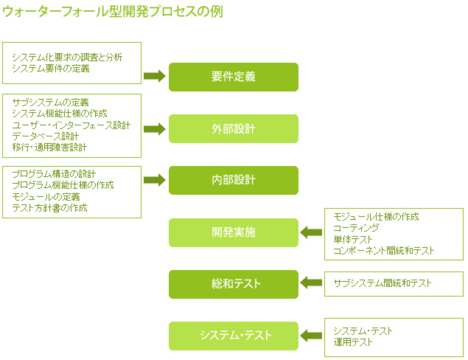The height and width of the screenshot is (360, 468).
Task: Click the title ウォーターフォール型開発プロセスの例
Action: point(113,12)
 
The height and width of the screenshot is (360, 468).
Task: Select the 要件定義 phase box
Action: point(234,77)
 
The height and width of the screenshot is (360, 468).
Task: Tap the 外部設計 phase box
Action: point(234,129)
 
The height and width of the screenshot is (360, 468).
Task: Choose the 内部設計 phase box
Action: point(234,180)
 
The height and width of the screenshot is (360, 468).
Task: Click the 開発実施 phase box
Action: point(234,232)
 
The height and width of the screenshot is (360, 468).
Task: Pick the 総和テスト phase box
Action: point(234,284)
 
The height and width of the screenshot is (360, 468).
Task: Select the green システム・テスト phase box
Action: point(234,336)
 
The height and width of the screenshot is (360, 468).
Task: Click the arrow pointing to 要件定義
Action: point(155,76)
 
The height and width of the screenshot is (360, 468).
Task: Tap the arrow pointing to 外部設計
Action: point(155,129)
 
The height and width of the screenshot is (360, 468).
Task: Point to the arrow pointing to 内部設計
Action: point(155,180)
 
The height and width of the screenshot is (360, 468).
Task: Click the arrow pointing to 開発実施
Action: point(311,232)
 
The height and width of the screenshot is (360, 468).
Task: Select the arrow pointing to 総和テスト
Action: point(311,283)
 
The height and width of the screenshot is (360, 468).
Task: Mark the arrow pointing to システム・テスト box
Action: point(311,336)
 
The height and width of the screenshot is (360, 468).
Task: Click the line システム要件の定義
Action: point(51,69)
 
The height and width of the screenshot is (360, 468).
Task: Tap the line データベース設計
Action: point(46,136)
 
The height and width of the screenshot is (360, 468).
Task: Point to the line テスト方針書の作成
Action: point(49,207)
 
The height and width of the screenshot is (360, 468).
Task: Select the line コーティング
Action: point(356,228)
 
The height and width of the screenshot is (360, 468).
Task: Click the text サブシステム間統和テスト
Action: point(383,283)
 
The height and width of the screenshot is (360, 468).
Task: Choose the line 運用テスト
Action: point(353,342)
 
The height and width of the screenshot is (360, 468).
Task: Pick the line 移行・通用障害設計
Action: point(49,148)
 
